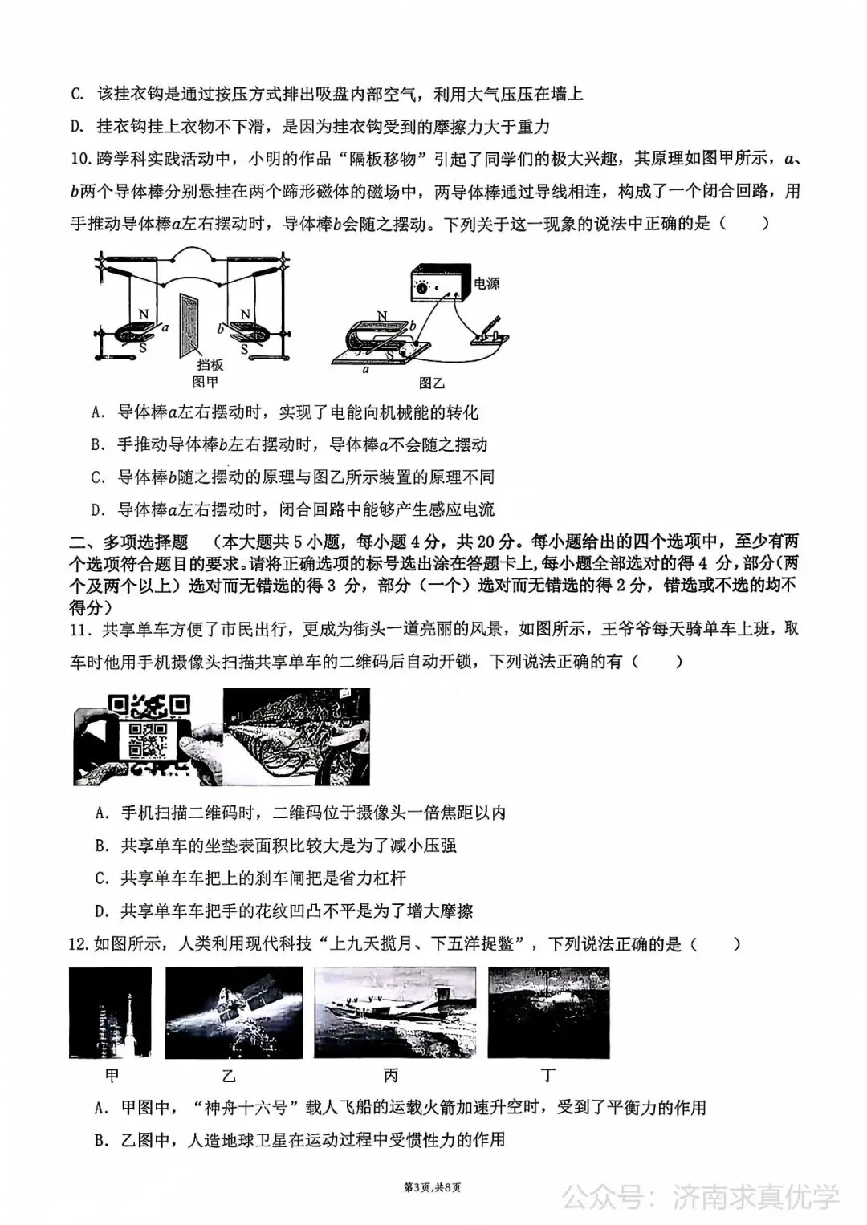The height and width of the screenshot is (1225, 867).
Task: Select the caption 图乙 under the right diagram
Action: pos(431,383)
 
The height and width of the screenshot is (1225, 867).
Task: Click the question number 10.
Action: pos(81,159)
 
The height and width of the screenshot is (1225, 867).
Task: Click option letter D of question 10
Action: pos(99,509)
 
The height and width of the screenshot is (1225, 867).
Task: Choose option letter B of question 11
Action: pos(101,846)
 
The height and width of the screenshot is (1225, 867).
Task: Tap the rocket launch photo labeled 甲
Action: pos(110,1012)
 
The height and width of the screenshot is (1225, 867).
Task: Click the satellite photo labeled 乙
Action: pos(234,1012)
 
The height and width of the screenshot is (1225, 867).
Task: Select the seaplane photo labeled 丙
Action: pos(395,1012)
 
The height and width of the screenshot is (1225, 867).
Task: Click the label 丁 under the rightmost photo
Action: pos(548,1075)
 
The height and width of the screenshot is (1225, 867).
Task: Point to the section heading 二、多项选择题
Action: pos(128,542)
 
